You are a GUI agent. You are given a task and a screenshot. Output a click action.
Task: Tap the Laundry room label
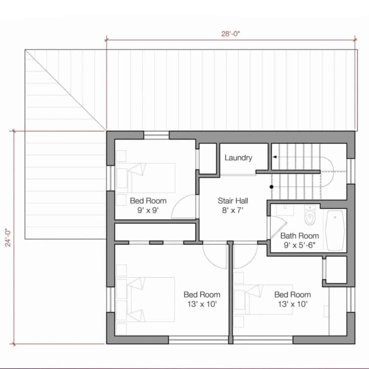click(x=238, y=158)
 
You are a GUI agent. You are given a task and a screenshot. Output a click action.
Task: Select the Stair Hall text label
click(x=232, y=201)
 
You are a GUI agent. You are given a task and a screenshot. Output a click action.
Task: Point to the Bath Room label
click(x=300, y=236)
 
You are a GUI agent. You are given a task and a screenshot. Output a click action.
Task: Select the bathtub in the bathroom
click(x=335, y=230)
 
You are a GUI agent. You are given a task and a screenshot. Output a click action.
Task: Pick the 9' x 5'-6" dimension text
click(x=300, y=245)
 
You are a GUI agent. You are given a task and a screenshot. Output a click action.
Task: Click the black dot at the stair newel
click(x=272, y=187)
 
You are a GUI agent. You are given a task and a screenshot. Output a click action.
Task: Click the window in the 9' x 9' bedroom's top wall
click(x=156, y=135)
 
